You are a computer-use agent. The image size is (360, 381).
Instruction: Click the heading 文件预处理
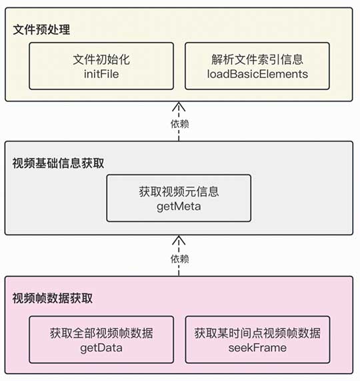[x=41, y=30]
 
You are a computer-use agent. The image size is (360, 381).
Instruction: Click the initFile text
[x=101, y=74]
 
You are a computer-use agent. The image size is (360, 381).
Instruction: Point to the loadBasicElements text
[x=257, y=74]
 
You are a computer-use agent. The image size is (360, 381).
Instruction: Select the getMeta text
[x=179, y=206]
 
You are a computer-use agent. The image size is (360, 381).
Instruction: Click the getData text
[x=101, y=346]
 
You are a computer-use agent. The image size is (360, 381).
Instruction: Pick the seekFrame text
[x=257, y=347]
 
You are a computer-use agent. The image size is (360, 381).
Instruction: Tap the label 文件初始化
[x=101, y=60]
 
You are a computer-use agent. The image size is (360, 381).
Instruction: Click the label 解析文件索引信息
[x=257, y=60]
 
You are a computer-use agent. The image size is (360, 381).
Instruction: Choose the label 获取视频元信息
[x=179, y=192]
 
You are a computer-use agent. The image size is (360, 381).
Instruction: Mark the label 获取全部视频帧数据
[x=101, y=332]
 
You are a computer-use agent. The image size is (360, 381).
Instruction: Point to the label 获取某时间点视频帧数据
[x=257, y=332]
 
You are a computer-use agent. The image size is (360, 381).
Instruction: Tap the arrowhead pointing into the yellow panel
[x=179, y=106]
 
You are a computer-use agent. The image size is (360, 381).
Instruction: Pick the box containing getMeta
[x=179, y=198]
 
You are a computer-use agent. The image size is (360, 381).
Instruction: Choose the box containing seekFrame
[x=257, y=339]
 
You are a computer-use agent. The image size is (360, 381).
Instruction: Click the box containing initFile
[x=101, y=67]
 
